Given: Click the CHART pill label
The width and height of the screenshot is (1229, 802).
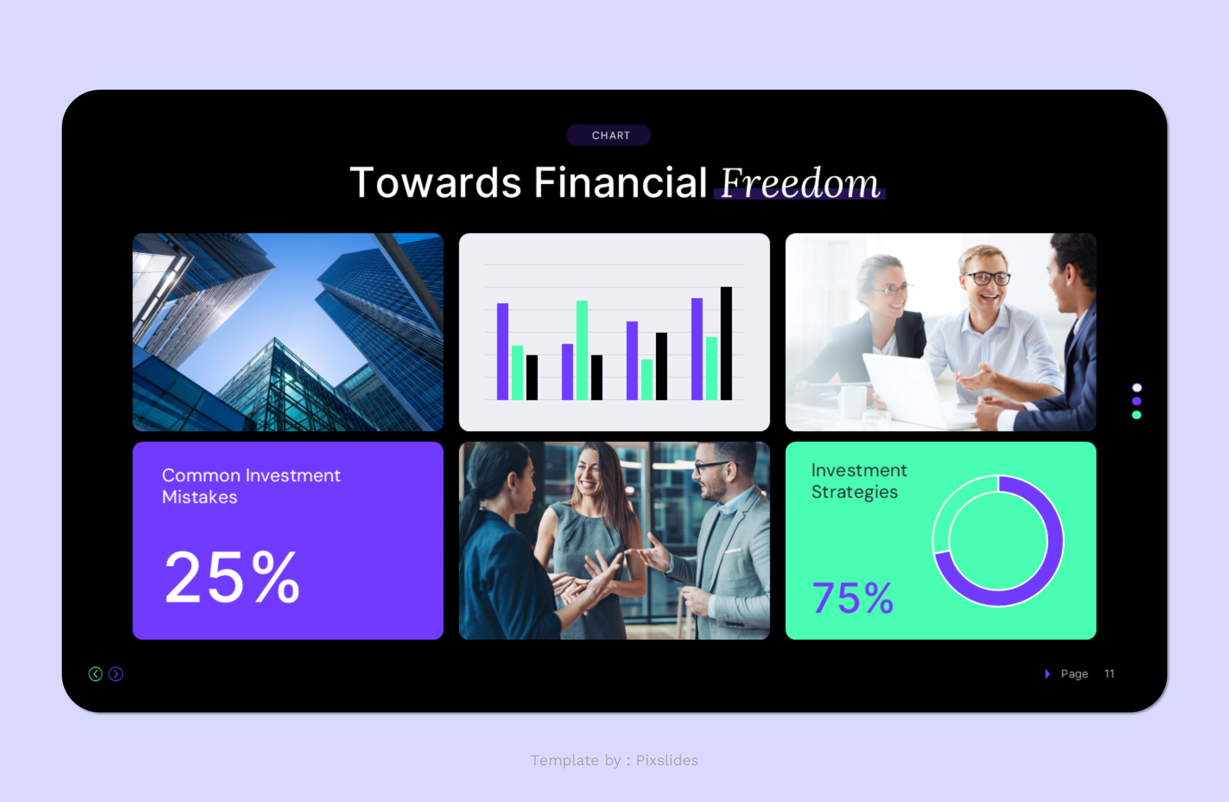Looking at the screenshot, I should (x=610, y=135).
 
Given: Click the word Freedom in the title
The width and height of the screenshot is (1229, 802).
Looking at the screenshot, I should (x=799, y=183).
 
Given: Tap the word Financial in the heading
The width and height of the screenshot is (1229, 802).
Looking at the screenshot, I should (x=620, y=183).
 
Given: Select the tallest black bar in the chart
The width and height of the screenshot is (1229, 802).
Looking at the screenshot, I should (x=726, y=343).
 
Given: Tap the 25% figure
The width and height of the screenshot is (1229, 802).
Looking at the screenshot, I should (x=232, y=577).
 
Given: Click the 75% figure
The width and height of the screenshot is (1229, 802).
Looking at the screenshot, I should (x=852, y=598).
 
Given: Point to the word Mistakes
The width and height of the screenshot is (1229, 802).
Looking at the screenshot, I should (x=199, y=497).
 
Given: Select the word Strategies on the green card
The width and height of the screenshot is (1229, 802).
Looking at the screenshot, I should (x=854, y=492).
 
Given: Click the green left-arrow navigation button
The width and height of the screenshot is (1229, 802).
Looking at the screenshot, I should (x=95, y=674).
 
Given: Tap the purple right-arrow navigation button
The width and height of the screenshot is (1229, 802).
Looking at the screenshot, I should (x=116, y=674).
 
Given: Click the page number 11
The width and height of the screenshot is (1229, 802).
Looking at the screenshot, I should (x=1109, y=674).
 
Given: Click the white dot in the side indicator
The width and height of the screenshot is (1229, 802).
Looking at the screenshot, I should (x=1137, y=388).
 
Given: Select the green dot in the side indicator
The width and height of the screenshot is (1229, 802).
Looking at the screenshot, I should (x=1137, y=415).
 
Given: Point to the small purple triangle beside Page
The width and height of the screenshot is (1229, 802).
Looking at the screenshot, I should (x=1047, y=674).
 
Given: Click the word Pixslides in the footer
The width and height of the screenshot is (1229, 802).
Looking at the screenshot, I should (x=666, y=760).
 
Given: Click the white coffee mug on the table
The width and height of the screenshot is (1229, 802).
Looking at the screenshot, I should (x=851, y=401).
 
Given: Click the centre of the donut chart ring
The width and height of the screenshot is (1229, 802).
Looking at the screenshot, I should (x=998, y=541).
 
